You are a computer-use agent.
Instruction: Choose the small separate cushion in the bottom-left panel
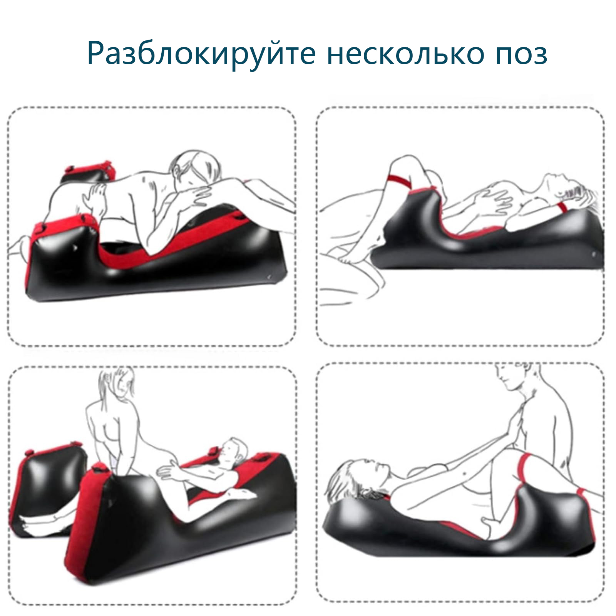[52, 491]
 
